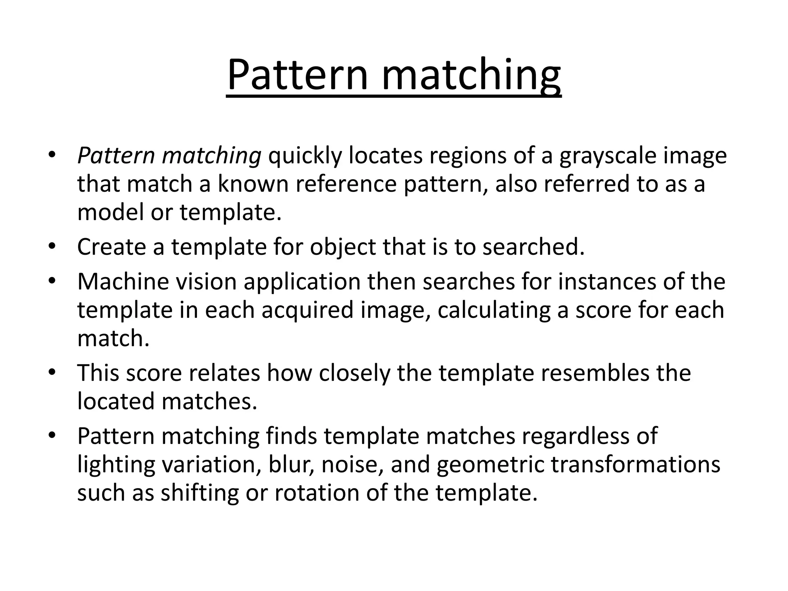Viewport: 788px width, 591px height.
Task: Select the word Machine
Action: [123, 282]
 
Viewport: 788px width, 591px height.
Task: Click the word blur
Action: [290, 464]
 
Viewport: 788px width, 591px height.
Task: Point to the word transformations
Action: [636, 464]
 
